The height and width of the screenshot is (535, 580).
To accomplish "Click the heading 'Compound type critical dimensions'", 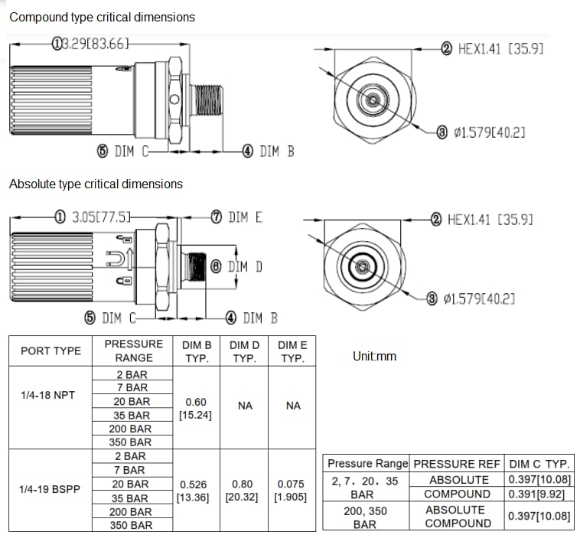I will coord(102,17).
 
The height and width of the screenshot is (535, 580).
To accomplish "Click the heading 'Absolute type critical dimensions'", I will coord(96,184).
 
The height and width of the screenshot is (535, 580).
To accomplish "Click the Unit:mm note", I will coord(374,356).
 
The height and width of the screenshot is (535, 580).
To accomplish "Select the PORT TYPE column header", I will coord(51,351).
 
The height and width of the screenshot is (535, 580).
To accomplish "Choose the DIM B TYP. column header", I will coord(197,351).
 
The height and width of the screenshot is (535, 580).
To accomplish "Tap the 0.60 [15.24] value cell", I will coord(197,408).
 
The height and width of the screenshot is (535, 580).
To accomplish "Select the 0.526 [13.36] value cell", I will coord(197,491).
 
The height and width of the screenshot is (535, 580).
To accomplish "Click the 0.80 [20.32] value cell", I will coord(244,491).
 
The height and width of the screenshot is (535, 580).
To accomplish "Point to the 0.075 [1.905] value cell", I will coord(292,491).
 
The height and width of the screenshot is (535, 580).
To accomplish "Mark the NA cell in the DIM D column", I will coord(244,406).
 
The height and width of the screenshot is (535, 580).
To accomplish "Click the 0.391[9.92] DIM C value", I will coord(539,494).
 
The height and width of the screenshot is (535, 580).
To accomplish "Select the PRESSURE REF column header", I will coord(457,464).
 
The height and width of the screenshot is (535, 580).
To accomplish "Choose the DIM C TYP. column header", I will coord(539,464).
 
